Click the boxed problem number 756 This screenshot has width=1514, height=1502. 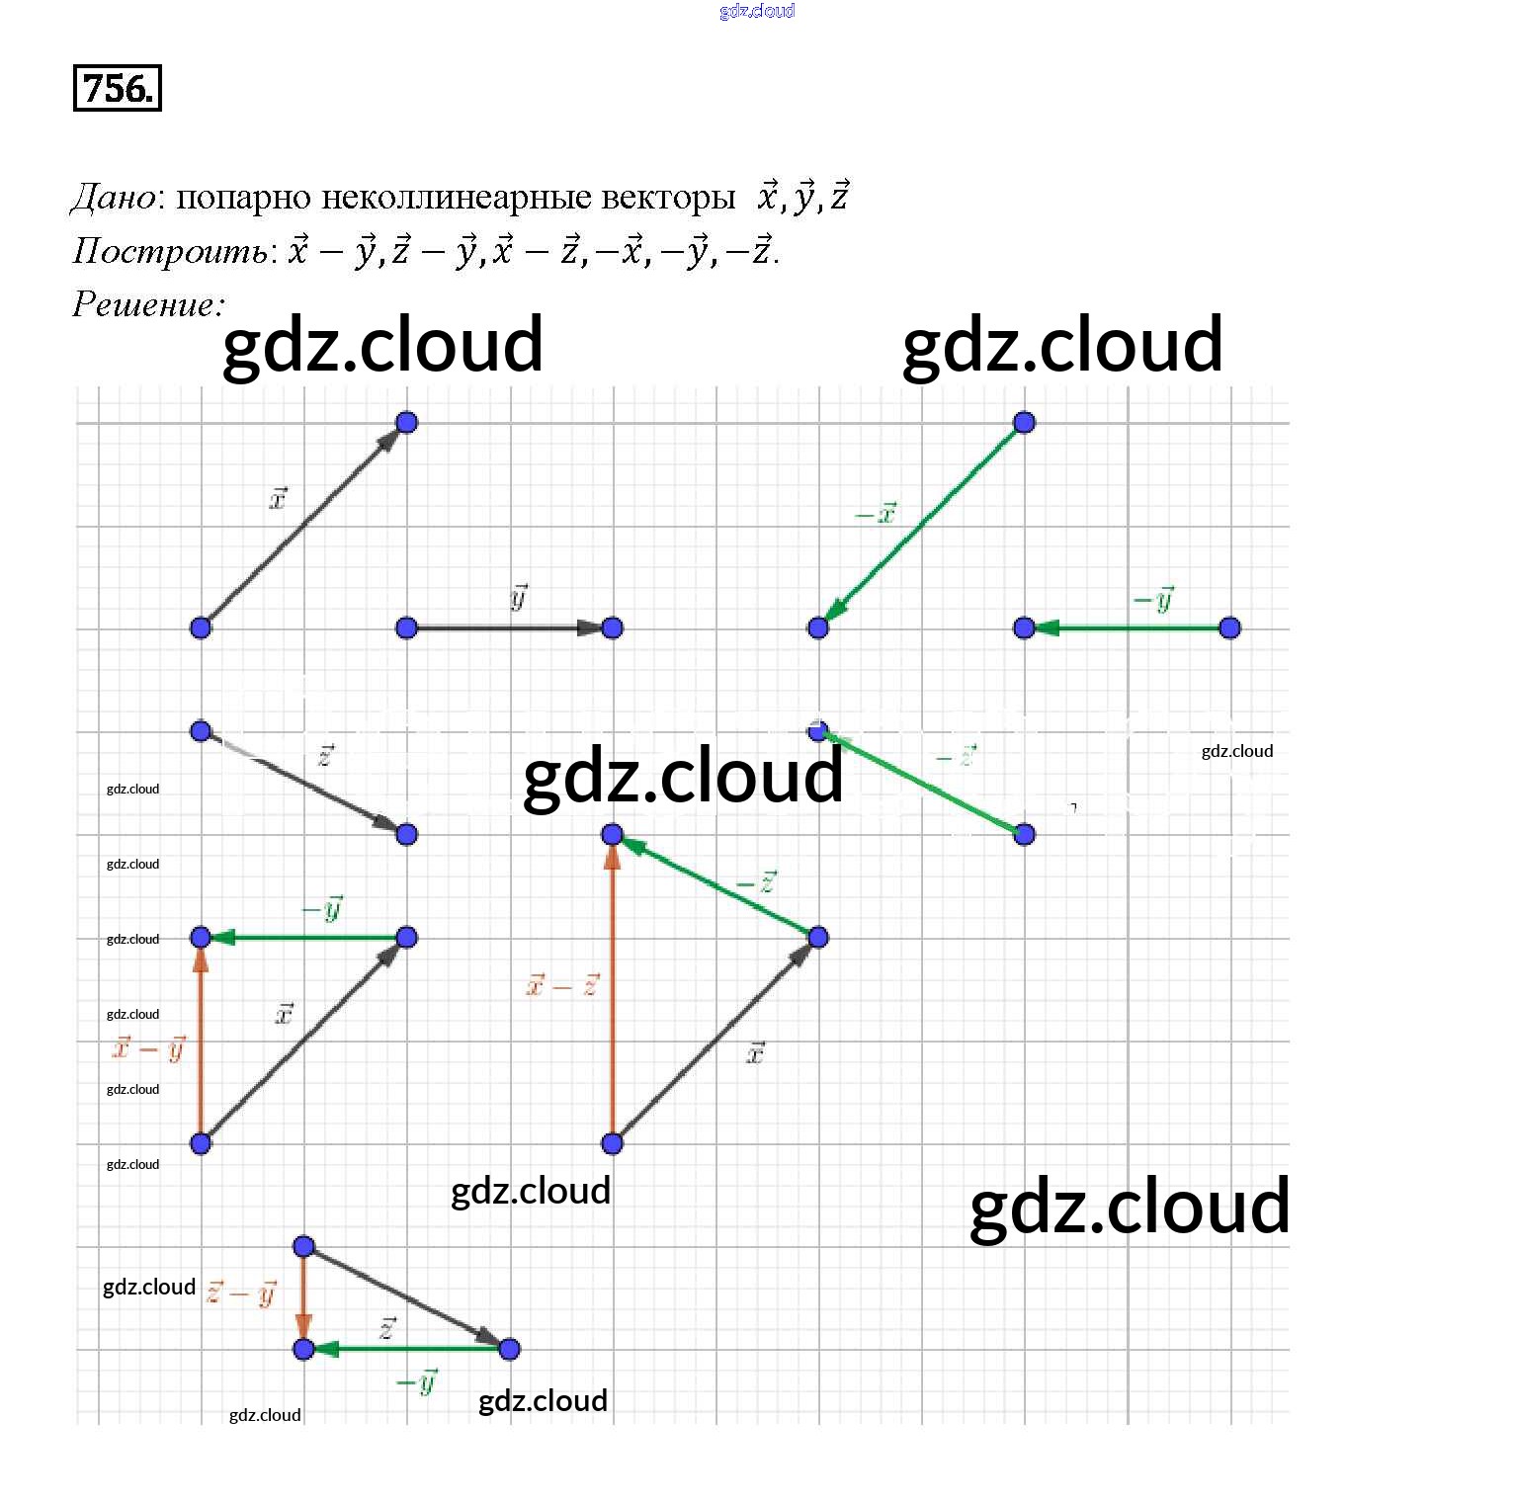pos(117,88)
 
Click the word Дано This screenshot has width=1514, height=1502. pos(113,198)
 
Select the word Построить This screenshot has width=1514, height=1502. pos(169,251)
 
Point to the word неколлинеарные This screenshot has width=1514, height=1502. pos(455,198)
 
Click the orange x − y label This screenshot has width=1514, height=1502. pos(149,1046)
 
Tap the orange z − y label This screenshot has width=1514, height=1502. pos(241,1292)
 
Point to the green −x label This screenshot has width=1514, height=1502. pos(876,513)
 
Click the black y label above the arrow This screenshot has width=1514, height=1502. pos(519,596)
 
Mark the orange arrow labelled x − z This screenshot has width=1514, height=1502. pos(612,988)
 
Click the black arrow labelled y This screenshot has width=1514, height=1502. pos(509,627)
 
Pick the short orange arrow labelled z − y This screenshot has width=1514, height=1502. pos(303,1296)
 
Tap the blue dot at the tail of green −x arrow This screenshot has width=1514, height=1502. pos(1024,423)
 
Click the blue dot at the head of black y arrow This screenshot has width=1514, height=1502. pos(612,627)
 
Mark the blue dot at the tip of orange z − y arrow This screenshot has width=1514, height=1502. pos(303,1349)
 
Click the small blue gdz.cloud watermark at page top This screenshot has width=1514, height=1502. pos(757,11)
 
